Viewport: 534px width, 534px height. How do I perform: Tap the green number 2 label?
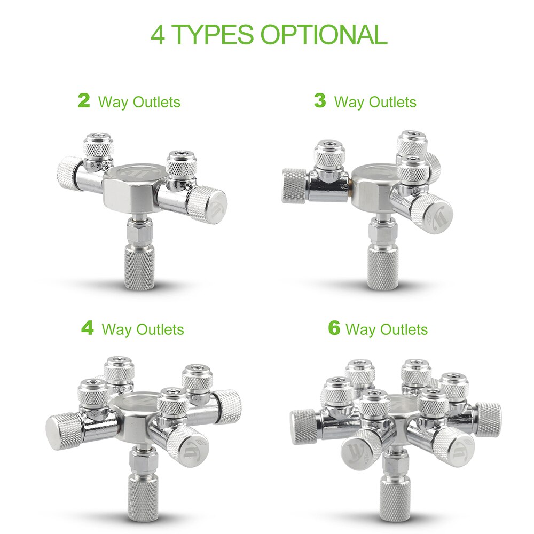pos(84,100)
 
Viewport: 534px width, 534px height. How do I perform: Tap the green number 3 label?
pos(319,100)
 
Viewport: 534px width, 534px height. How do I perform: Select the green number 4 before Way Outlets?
pos(87,328)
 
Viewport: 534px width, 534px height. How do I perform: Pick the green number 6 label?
pos(334,328)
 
